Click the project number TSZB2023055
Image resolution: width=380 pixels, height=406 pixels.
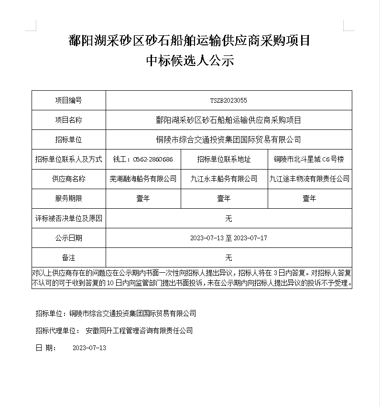228,101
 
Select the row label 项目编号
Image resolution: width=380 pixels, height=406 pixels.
68,101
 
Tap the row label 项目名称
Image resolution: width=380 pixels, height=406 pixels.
68,120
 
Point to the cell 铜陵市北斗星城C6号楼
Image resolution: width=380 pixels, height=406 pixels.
309,160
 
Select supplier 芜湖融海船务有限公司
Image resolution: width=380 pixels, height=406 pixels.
143,179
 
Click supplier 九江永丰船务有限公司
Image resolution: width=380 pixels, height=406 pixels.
224,179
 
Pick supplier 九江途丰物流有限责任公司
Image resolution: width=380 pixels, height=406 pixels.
309,179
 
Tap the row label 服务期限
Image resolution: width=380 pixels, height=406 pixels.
68,199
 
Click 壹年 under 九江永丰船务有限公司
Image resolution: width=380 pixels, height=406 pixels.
224,199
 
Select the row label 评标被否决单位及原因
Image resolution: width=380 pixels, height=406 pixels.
68,218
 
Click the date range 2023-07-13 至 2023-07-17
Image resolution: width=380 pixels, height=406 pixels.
228,238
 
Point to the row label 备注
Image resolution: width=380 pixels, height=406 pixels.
68,257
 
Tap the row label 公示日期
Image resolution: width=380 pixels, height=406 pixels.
68,238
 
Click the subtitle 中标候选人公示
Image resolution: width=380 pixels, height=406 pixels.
190,61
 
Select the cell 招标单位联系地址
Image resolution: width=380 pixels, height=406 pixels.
224,160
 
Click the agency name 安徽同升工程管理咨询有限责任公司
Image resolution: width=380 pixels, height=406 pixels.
139,331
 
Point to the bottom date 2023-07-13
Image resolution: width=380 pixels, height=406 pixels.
89,348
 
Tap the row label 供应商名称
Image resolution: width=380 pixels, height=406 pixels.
68,179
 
